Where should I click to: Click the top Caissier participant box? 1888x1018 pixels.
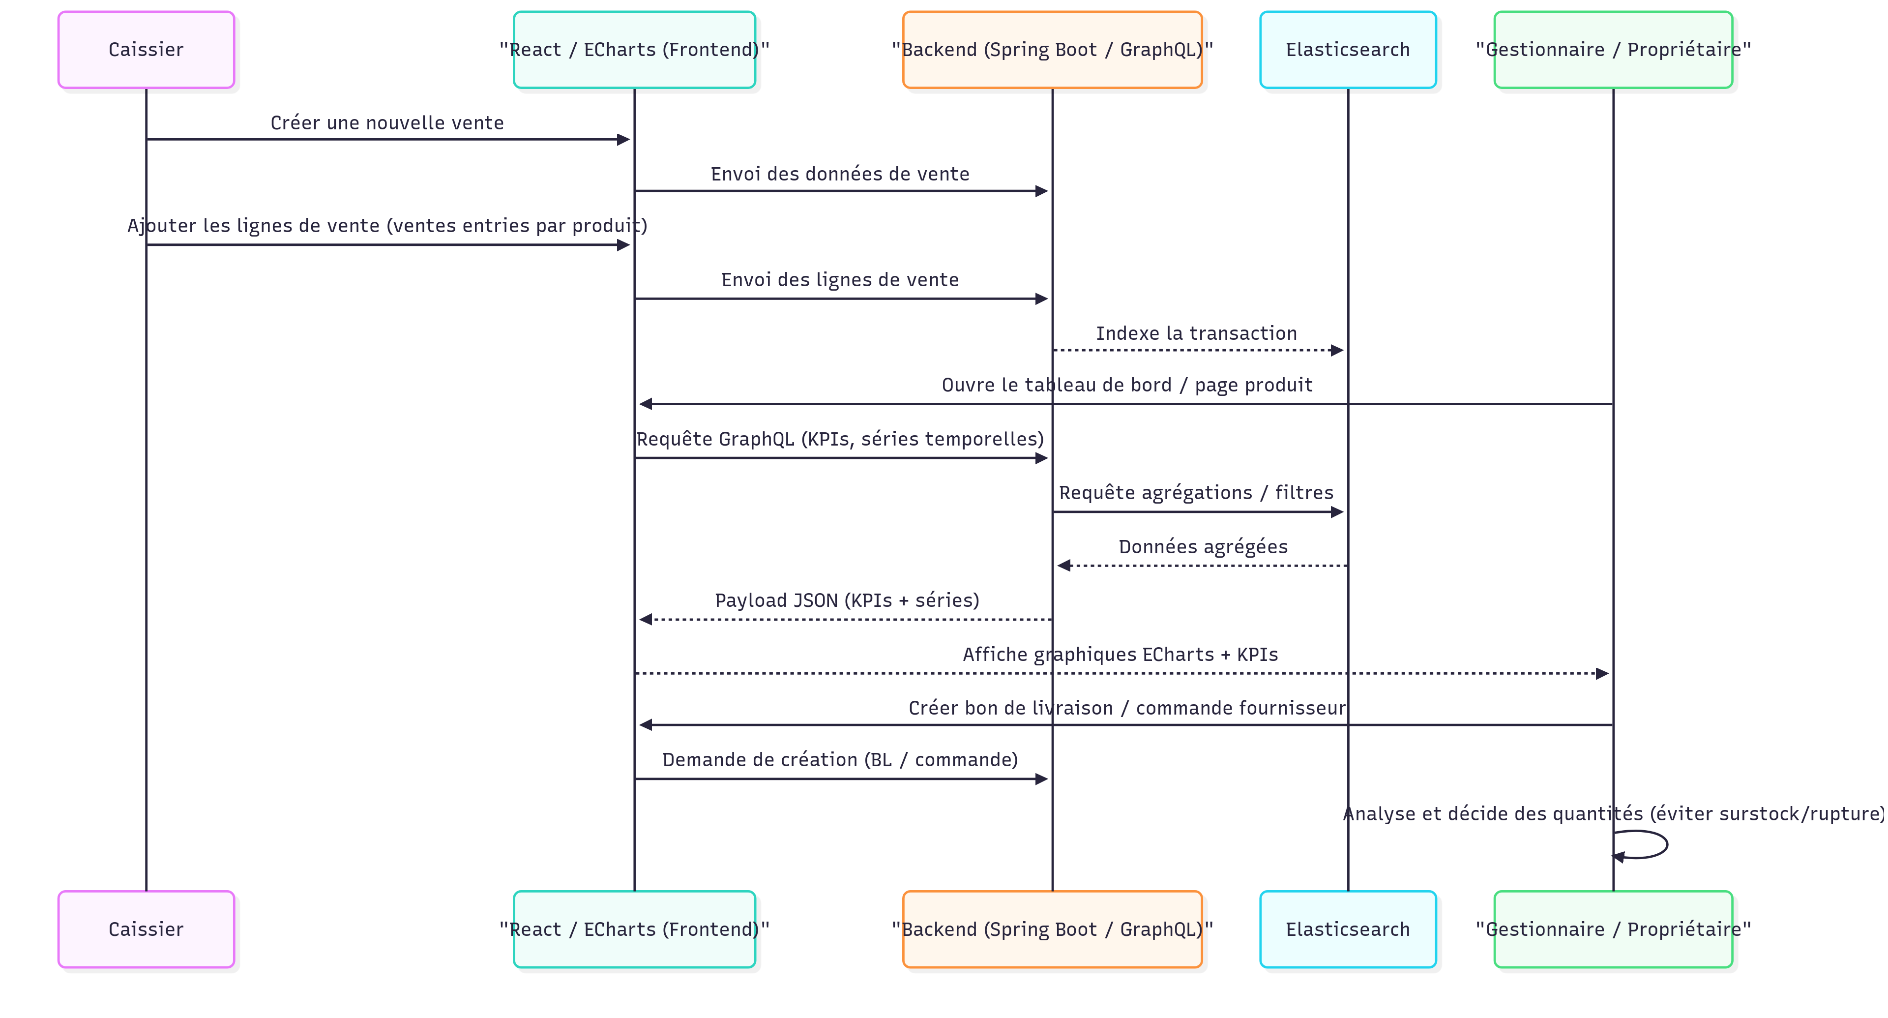tap(146, 50)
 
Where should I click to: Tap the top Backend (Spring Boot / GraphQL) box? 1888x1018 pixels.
tap(1052, 50)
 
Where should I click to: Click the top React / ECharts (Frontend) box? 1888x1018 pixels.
tap(634, 50)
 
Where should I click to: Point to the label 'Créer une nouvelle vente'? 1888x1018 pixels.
tap(387, 122)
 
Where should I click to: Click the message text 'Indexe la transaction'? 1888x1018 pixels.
tap(1196, 333)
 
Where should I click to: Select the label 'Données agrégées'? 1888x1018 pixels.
tap(1203, 547)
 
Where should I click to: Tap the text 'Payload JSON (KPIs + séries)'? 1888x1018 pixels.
tap(847, 600)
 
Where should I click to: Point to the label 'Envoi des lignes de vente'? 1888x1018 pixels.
tap(840, 280)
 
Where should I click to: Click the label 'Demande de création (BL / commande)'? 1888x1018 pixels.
tap(840, 759)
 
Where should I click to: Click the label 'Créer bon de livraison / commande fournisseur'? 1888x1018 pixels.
tap(1126, 708)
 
